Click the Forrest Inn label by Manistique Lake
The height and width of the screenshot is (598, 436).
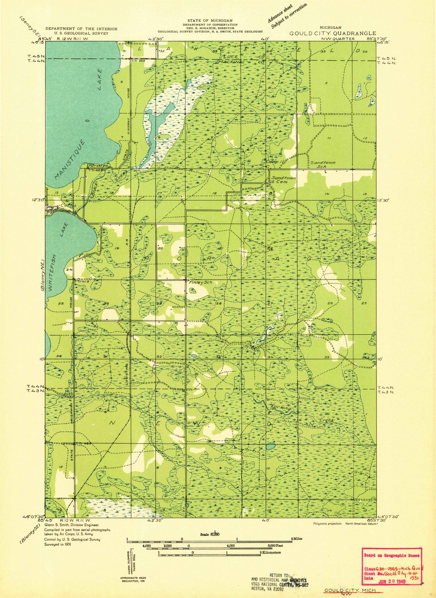tap(98, 166)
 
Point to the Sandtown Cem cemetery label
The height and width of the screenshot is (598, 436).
tap(284, 180)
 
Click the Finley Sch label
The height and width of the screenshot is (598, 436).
tap(200, 283)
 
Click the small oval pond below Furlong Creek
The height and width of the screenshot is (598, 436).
tap(270, 446)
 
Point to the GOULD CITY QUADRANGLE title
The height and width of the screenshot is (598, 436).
tap(333, 33)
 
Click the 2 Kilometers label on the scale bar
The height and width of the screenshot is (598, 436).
tap(270, 552)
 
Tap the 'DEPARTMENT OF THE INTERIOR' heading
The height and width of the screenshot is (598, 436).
tap(81, 29)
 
